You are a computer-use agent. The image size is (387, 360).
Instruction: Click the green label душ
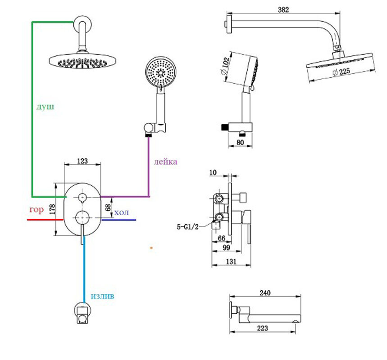[46, 107]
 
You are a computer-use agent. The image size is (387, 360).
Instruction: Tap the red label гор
[36, 210]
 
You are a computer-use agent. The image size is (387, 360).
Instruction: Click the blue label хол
[122, 212]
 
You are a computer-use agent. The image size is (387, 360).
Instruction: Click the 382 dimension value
[283, 9]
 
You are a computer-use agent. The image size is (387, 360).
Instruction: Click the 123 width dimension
[82, 160]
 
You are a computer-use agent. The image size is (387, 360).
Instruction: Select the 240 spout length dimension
[265, 293]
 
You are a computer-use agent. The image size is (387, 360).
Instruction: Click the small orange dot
[151, 247]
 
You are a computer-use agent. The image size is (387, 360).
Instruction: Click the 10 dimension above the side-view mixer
[213, 172]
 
